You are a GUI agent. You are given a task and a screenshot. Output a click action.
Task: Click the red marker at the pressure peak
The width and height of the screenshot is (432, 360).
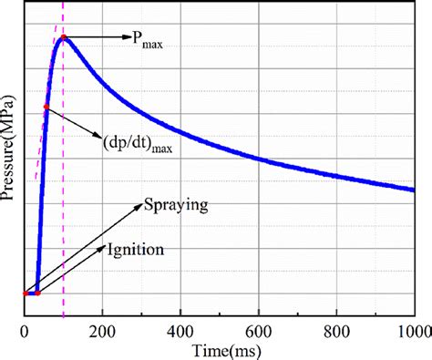click(x=63, y=38)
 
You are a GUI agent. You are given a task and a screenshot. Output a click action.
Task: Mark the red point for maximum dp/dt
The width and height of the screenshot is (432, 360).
click(x=46, y=108)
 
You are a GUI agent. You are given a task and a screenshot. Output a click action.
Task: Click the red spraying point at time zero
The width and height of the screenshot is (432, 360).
click(x=24, y=293)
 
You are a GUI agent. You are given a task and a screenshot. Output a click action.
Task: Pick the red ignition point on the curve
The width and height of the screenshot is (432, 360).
click(x=37, y=293)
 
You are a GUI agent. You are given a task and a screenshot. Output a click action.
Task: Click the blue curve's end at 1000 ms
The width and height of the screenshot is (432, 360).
click(x=414, y=190)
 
